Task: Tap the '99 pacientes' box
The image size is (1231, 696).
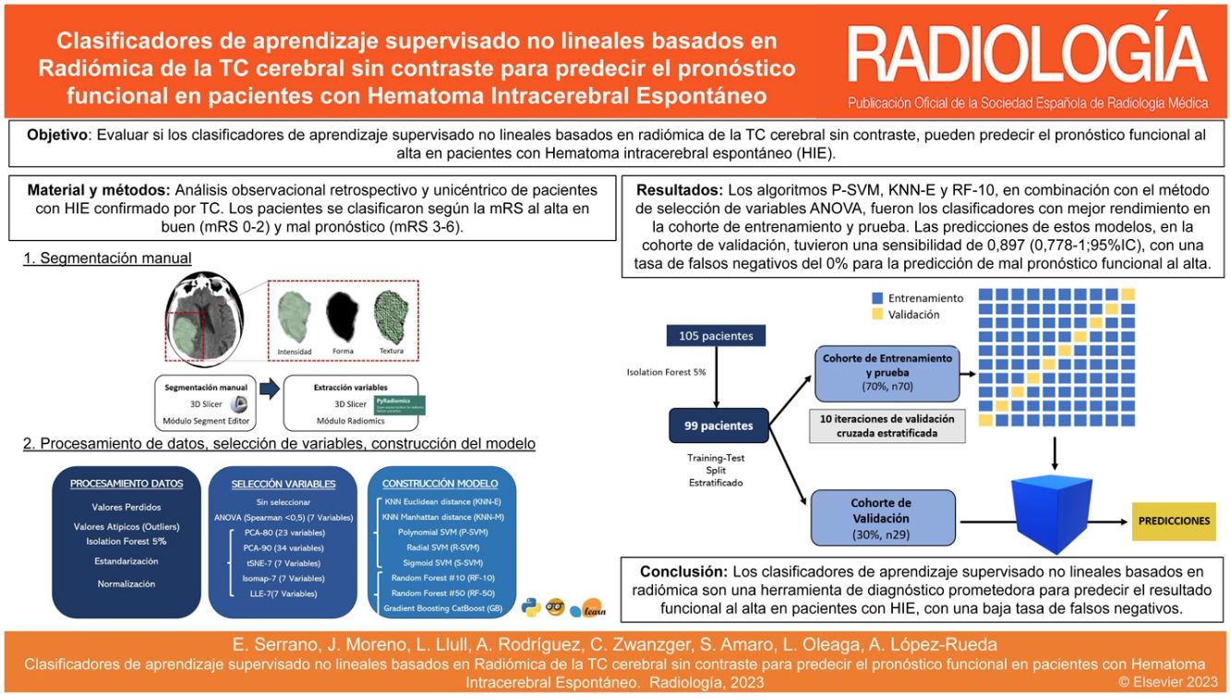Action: [x=719, y=426]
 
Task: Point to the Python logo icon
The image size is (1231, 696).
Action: [x=530, y=606]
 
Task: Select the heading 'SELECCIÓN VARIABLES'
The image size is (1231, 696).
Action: [x=283, y=483]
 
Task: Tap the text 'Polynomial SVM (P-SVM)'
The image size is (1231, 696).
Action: [x=442, y=532]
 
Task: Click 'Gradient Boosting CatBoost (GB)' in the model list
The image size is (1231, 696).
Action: [x=441, y=607]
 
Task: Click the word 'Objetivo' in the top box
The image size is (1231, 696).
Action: [x=55, y=135]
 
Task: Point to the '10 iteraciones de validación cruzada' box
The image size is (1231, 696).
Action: [x=887, y=425]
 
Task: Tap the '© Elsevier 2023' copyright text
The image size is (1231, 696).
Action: [x=1169, y=682]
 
